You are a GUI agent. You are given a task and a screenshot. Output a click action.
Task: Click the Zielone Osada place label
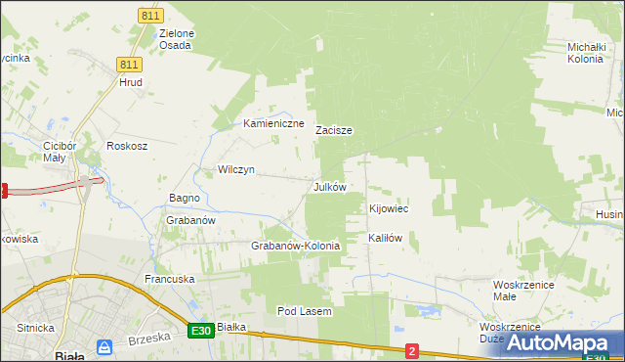tap(177, 39)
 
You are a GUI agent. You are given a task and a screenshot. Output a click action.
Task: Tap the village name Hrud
tap(131, 83)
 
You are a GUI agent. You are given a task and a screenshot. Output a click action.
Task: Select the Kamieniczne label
tap(274, 124)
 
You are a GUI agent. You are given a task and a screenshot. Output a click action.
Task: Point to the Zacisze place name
tap(333, 130)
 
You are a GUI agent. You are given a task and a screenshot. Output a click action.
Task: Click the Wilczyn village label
tap(236, 169)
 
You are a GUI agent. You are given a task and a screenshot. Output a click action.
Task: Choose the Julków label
tap(329, 187)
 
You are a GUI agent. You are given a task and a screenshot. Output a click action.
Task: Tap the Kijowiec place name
tap(389, 209)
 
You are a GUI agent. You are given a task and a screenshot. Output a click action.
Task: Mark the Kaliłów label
tap(385, 238)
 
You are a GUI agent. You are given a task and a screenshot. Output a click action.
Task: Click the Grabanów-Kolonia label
tap(296, 247)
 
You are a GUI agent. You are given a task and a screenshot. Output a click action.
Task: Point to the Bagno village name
tap(185, 199)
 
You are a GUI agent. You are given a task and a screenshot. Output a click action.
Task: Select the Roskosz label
tap(127, 146)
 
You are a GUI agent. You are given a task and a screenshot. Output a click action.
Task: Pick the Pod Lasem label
tap(305, 311)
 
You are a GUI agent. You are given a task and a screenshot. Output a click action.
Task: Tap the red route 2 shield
tap(412, 350)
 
